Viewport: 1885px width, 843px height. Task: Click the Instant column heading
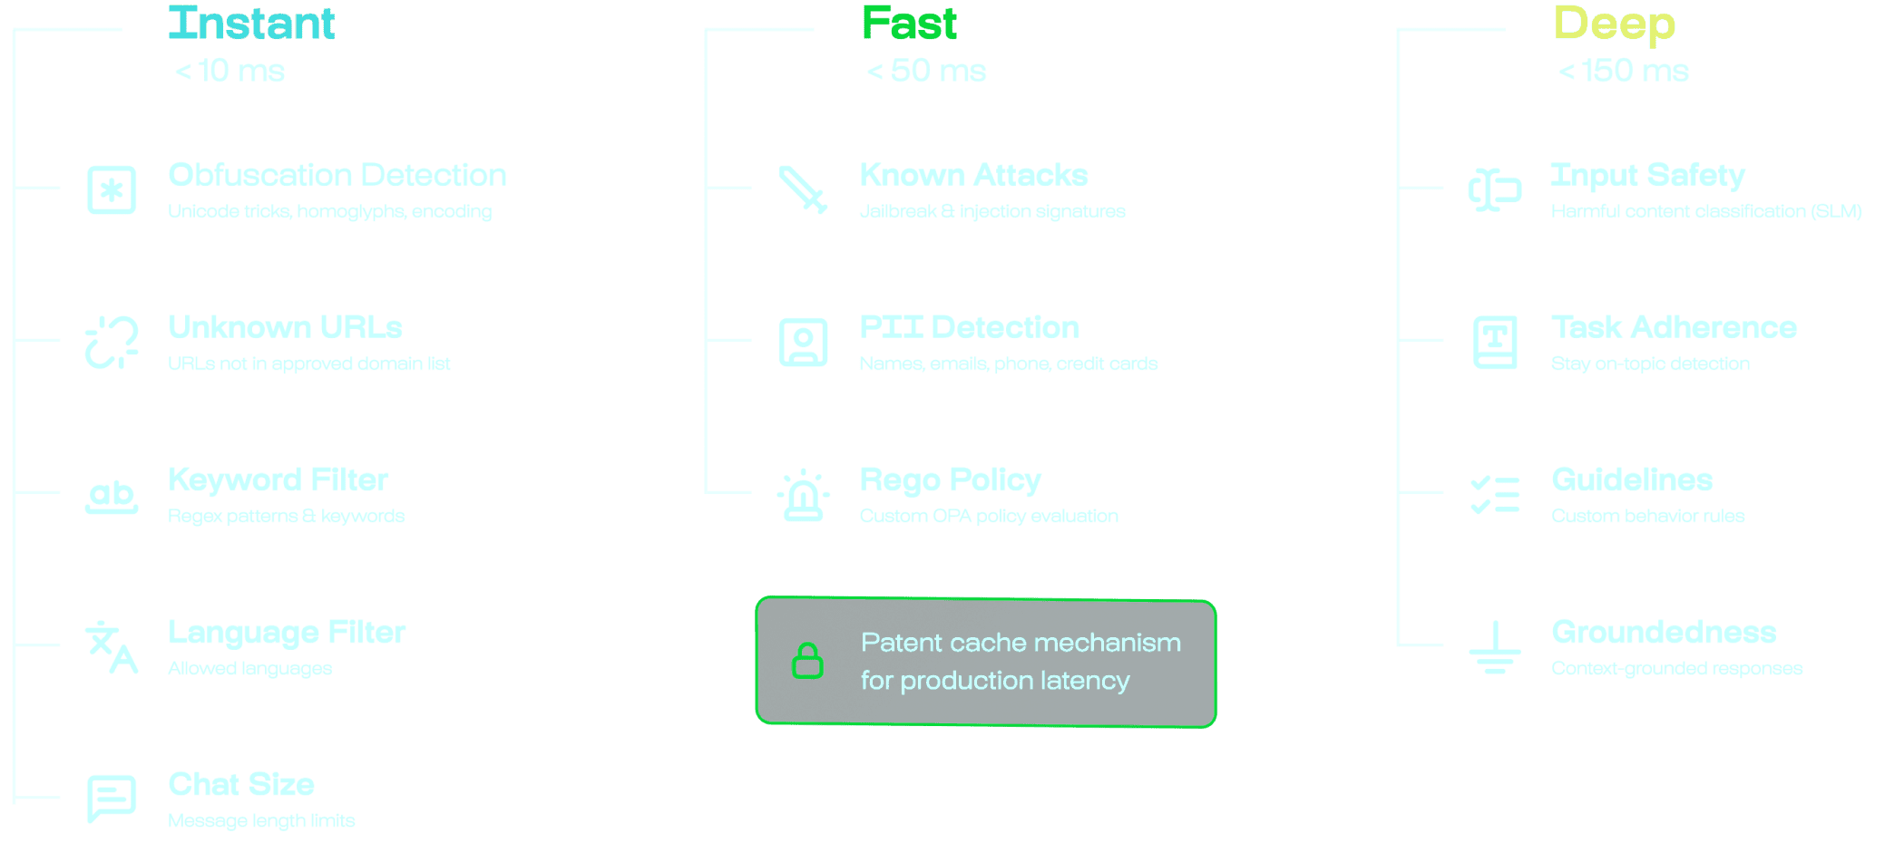coord(251,24)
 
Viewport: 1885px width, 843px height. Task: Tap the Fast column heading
coord(909,24)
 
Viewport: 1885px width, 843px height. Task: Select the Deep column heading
coord(1614,24)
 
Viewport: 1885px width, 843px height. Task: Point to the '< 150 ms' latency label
coord(1624,71)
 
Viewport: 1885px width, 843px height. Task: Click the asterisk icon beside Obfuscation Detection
coord(112,190)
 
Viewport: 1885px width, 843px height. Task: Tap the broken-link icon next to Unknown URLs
coord(112,343)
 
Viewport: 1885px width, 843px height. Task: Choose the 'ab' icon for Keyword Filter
coord(112,496)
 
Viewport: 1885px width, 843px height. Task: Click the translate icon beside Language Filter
coord(112,647)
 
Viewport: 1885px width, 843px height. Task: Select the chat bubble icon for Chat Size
coord(112,799)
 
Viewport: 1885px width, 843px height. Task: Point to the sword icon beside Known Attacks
coord(803,189)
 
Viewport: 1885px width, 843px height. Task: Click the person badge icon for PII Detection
coord(803,343)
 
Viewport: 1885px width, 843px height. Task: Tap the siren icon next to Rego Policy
coord(803,496)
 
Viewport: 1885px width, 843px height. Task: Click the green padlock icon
coord(807,661)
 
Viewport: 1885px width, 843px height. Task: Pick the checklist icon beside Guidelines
coord(1494,495)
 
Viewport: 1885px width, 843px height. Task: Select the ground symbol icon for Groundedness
coord(1494,647)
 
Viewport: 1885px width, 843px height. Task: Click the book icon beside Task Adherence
coord(1494,343)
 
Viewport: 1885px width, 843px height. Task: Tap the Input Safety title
coord(1647,175)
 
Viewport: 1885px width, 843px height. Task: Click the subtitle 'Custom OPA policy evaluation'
coord(989,517)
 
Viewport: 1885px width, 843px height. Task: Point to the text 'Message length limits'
coord(261,821)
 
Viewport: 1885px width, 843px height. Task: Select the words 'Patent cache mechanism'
coord(1021,643)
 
